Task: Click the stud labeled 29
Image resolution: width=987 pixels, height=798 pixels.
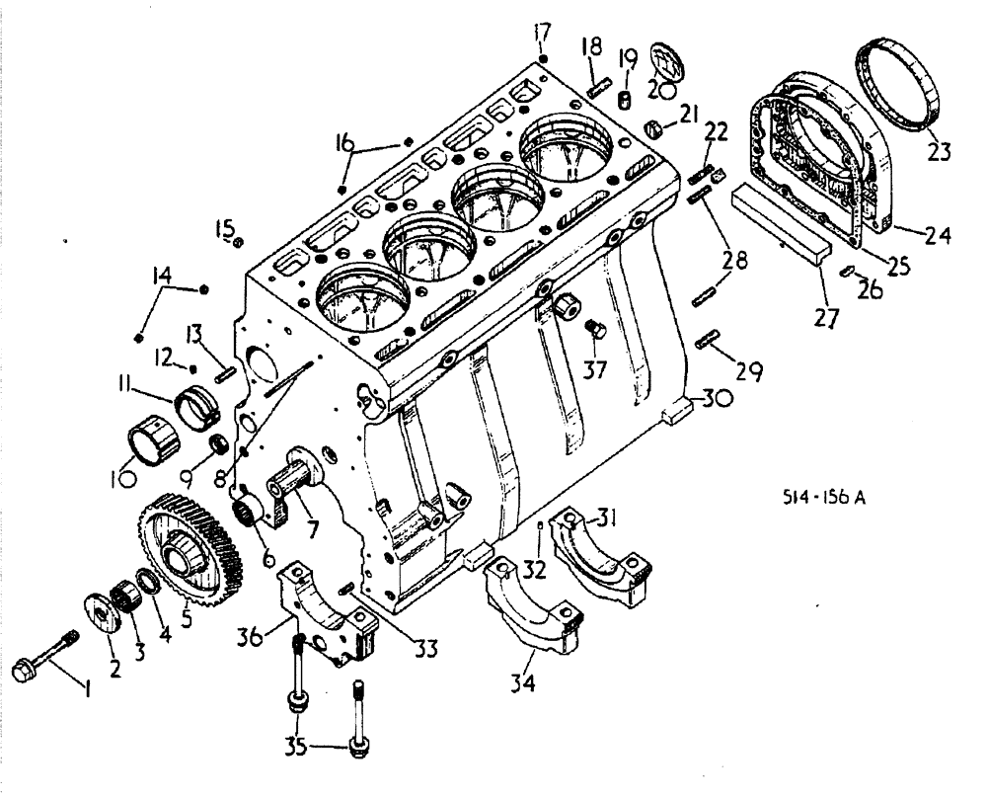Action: tap(707, 342)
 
